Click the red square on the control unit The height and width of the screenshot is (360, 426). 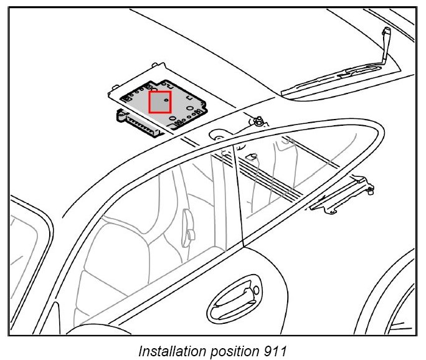point(160,102)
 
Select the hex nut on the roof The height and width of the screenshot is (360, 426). point(255,120)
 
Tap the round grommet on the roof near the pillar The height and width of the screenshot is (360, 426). point(219,134)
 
